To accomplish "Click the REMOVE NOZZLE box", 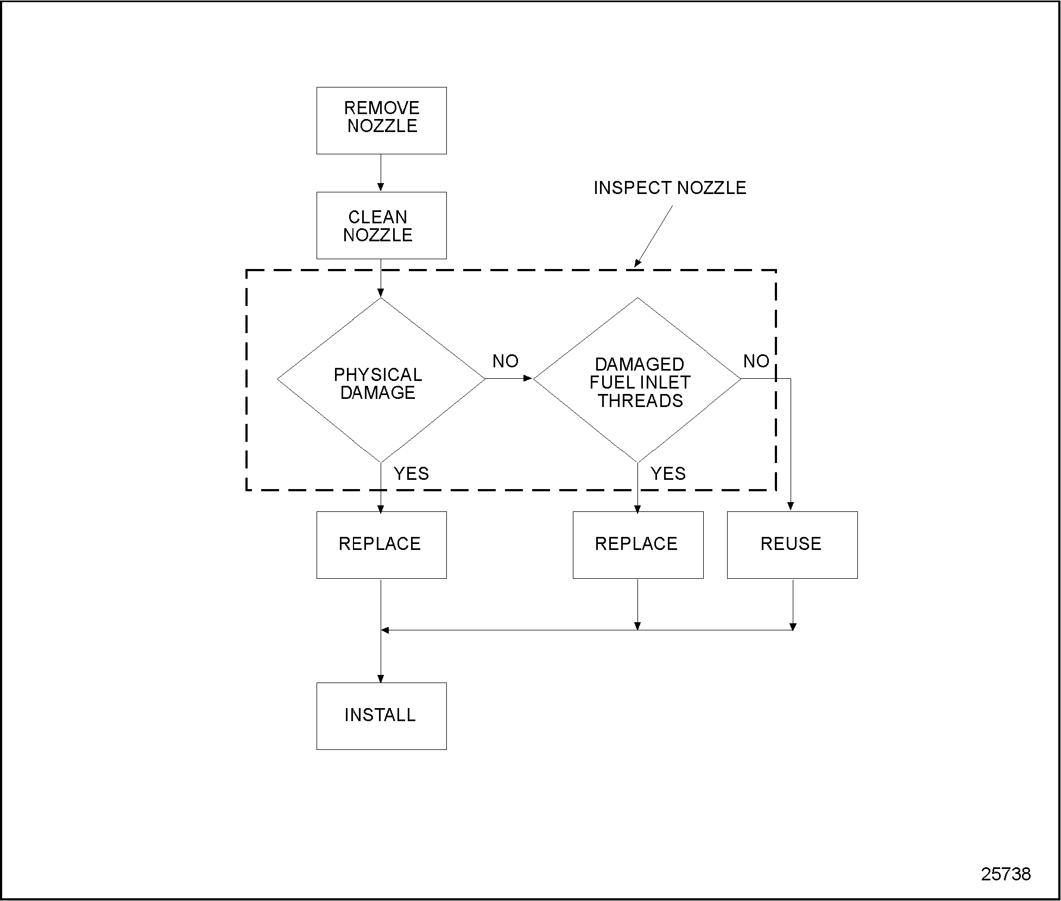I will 381,120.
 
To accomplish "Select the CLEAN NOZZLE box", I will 381,225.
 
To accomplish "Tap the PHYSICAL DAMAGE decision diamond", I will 381,380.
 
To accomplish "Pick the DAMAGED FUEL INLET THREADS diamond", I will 637,380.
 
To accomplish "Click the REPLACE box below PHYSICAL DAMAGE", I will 381,545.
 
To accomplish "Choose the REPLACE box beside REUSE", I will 637,545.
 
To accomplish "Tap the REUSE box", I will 792,545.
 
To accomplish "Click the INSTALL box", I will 381,716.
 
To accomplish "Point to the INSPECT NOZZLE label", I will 670,188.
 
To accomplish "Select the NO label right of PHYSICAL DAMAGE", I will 505,361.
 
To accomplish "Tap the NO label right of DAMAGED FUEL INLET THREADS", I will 756,361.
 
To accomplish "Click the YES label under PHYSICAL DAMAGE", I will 411,474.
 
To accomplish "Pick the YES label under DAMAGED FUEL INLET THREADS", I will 668,474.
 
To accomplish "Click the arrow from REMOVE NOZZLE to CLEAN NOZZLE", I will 381,173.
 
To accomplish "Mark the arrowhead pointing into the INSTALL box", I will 381,678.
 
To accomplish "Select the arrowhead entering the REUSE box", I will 791,506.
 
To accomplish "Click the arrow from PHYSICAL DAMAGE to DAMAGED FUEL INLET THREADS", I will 509,378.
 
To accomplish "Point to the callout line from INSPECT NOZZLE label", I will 654,236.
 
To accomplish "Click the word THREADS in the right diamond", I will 640,401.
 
